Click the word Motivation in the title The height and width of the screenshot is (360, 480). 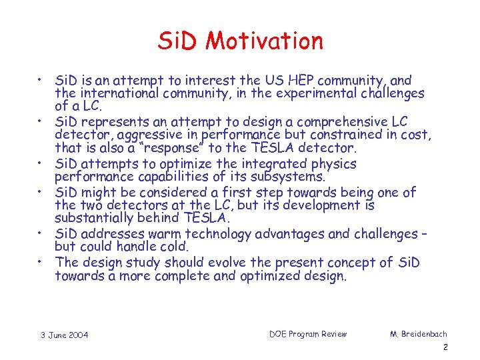[x=265, y=41]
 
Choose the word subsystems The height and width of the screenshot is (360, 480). [x=291, y=177]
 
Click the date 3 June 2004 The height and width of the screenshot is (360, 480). [x=64, y=335]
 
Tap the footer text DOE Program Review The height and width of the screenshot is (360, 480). [x=308, y=334]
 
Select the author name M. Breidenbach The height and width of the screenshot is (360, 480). [x=419, y=334]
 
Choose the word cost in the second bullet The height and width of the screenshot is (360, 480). [x=417, y=135]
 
